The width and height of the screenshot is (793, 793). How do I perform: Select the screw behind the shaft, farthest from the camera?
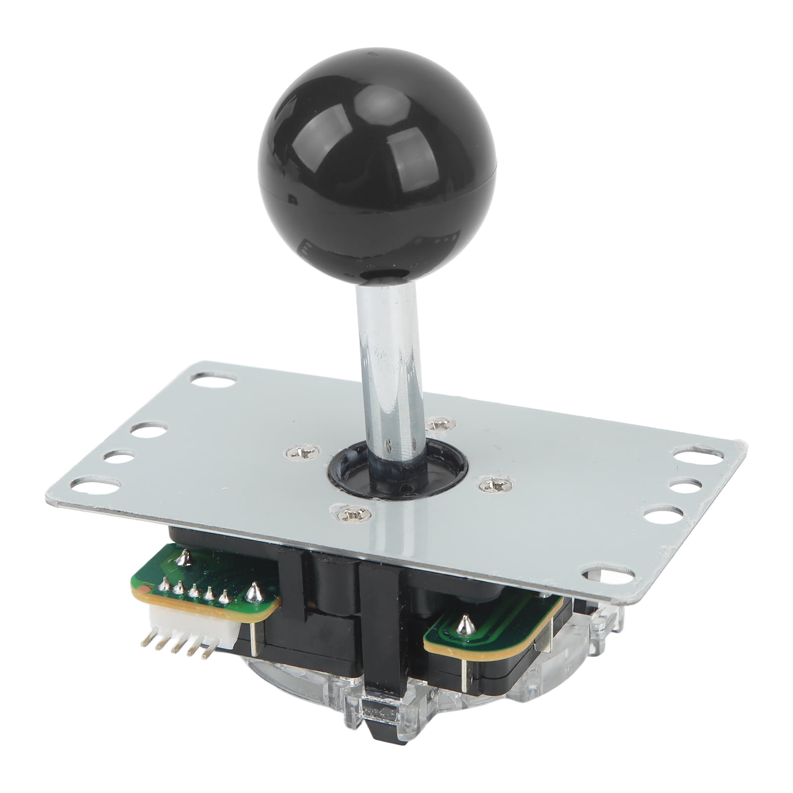437,425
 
